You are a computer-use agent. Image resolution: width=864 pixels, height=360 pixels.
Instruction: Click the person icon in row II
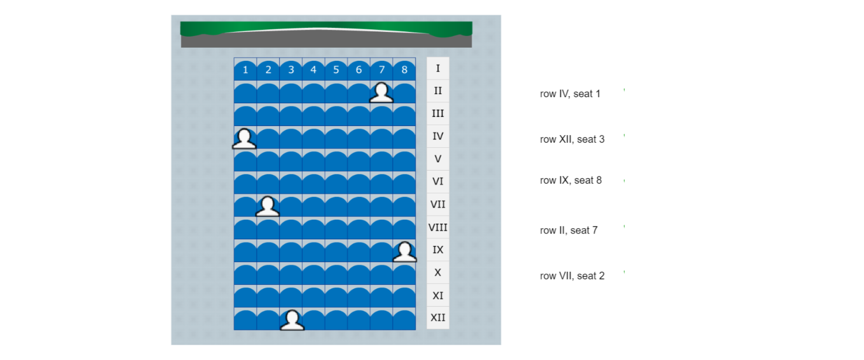pyautogui.click(x=382, y=92)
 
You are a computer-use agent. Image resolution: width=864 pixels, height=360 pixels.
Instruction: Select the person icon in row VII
pyautogui.click(x=268, y=206)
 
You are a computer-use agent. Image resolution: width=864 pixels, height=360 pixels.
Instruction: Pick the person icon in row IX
pyautogui.click(x=405, y=252)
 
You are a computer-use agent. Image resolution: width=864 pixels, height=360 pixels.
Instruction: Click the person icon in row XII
pyautogui.click(x=292, y=320)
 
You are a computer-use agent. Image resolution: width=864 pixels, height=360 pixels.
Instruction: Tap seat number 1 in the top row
pyautogui.click(x=245, y=70)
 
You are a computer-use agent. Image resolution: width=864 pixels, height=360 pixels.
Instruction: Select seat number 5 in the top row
pyautogui.click(x=336, y=70)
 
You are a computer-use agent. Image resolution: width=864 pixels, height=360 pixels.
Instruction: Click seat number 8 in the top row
pyautogui.click(x=404, y=70)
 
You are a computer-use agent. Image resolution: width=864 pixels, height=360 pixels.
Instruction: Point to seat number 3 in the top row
pyautogui.click(x=291, y=70)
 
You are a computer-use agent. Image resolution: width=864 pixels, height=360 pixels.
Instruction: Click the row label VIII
pyautogui.click(x=438, y=227)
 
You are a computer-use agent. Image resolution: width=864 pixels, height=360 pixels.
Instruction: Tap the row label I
pyautogui.click(x=438, y=68)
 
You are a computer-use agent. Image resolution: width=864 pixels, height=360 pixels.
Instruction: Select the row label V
pyautogui.click(x=438, y=159)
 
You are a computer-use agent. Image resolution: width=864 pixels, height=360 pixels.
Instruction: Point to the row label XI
pyautogui.click(x=438, y=296)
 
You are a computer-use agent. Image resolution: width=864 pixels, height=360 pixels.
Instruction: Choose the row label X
pyautogui.click(x=438, y=273)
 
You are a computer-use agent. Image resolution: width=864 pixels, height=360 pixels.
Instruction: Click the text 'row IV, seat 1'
pyautogui.click(x=570, y=94)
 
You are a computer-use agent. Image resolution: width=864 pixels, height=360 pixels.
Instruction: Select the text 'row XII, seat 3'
pyautogui.click(x=572, y=139)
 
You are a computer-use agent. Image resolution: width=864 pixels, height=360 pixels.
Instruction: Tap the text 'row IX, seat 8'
pyautogui.click(x=571, y=180)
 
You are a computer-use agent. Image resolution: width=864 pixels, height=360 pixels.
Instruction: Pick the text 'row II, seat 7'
pyautogui.click(x=569, y=230)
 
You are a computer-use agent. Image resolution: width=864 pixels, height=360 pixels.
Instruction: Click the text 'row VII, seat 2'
pyautogui.click(x=572, y=276)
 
